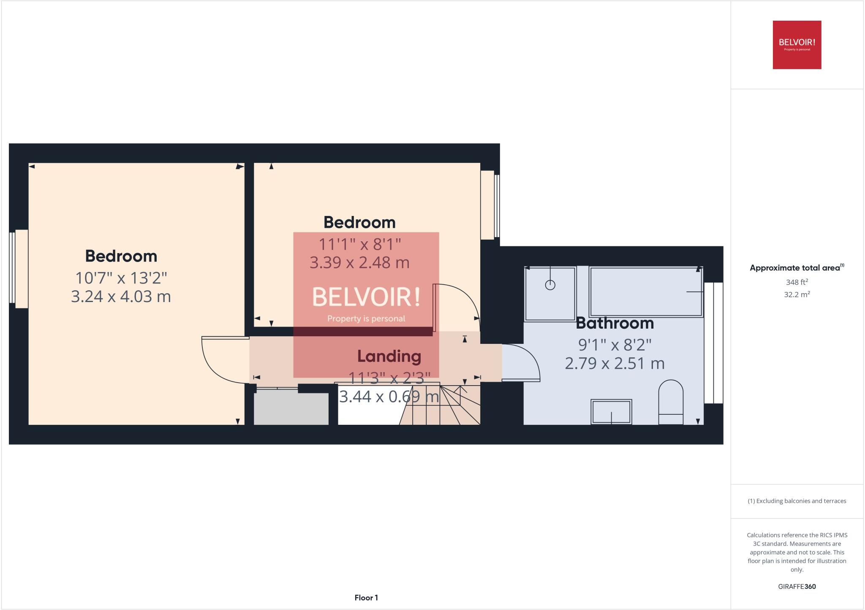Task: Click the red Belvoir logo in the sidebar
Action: tap(797, 45)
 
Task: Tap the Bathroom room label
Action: tap(615, 324)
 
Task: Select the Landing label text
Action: tap(389, 356)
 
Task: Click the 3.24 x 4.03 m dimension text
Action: tap(121, 297)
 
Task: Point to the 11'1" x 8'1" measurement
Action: tap(359, 244)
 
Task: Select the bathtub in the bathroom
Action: tap(645, 292)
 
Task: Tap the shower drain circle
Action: tap(550, 285)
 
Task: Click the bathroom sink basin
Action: tap(611, 412)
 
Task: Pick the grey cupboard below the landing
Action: tap(291, 408)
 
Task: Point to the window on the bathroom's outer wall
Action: tap(714, 343)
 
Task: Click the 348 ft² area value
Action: tap(797, 282)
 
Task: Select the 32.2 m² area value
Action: tap(797, 295)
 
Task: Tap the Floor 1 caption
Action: tap(366, 598)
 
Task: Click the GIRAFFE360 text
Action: tap(797, 586)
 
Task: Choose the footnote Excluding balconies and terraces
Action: tap(797, 501)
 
